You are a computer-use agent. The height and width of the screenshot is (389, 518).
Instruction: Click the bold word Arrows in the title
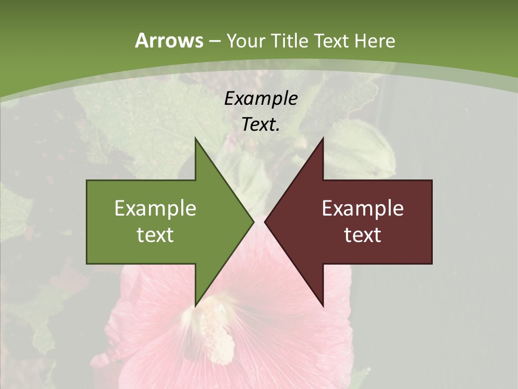[168, 41]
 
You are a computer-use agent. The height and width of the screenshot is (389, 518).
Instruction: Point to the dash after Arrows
[214, 42]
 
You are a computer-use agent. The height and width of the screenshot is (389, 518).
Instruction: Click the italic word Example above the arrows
[261, 98]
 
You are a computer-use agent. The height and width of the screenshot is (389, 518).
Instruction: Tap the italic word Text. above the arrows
[261, 125]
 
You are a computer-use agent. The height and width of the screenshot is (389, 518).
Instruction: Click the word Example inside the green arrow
[155, 208]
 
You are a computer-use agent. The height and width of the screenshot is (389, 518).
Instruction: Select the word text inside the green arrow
[155, 235]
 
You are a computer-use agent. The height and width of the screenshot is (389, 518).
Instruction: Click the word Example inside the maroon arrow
[363, 208]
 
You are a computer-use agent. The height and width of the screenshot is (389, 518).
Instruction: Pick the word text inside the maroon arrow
[363, 235]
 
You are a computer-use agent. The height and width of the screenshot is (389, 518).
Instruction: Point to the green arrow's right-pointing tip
[253, 222]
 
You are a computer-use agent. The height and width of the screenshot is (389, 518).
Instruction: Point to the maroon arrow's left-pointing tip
[265, 222]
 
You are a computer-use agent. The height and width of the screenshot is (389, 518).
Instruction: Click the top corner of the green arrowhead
[196, 139]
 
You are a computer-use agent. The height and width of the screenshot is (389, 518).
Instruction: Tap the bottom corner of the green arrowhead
[196, 305]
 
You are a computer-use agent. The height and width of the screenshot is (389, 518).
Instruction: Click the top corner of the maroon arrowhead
[323, 139]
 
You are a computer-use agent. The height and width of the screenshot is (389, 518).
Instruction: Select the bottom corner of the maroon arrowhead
[323, 305]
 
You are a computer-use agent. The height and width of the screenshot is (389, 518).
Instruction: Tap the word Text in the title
[331, 41]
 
